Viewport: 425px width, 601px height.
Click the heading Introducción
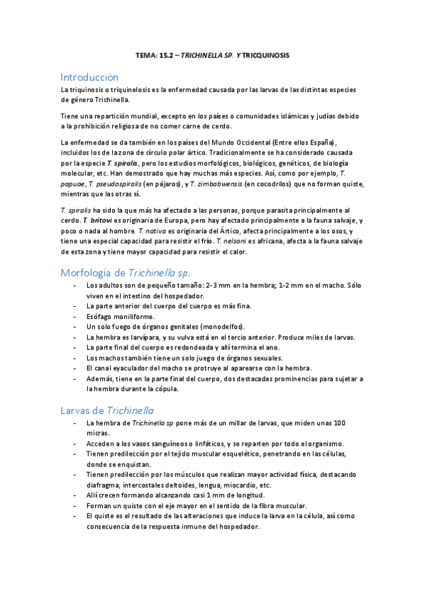click(x=89, y=77)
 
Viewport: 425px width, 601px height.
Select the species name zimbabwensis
click(x=213, y=184)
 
